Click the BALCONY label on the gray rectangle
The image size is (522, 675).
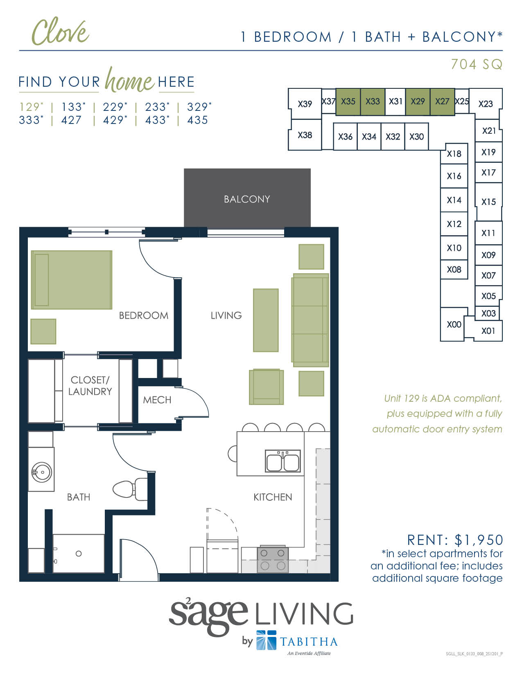(247, 199)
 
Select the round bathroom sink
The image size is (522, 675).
(42, 473)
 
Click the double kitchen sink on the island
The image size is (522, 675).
(282, 461)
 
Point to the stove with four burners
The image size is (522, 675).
(273, 559)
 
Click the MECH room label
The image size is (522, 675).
(157, 400)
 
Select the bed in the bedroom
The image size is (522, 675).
(72, 280)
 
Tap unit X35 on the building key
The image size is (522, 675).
(348, 101)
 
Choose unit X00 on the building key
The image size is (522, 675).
(454, 324)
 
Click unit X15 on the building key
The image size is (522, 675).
(488, 202)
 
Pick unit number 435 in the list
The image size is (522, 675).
(197, 120)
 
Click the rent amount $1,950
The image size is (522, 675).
(479, 540)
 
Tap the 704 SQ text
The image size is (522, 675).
(476, 64)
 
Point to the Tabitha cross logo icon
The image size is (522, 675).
(266, 640)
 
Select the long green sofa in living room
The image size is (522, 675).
(311, 320)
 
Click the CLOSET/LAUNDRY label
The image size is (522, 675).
(90, 386)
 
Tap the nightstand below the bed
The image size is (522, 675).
(43, 331)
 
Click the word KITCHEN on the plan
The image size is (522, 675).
(273, 497)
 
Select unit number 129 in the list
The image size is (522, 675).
(29, 107)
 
